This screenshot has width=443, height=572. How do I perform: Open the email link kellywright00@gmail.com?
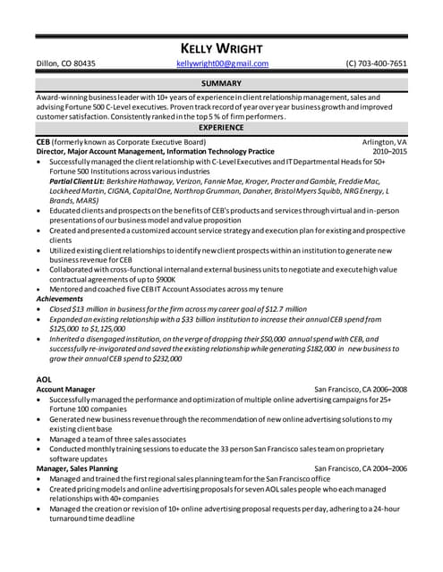click(x=222, y=64)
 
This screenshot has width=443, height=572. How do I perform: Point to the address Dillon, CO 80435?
click(x=65, y=64)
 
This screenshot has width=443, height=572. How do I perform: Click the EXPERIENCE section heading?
click(x=221, y=128)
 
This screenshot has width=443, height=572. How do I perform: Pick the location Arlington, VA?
click(x=384, y=142)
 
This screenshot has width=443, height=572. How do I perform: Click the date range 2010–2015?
click(x=389, y=152)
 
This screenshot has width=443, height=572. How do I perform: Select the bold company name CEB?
click(x=43, y=142)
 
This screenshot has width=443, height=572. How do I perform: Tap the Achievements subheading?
click(x=61, y=299)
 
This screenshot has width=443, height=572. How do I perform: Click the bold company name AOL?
click(x=44, y=379)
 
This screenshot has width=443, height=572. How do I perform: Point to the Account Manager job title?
click(x=65, y=390)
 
